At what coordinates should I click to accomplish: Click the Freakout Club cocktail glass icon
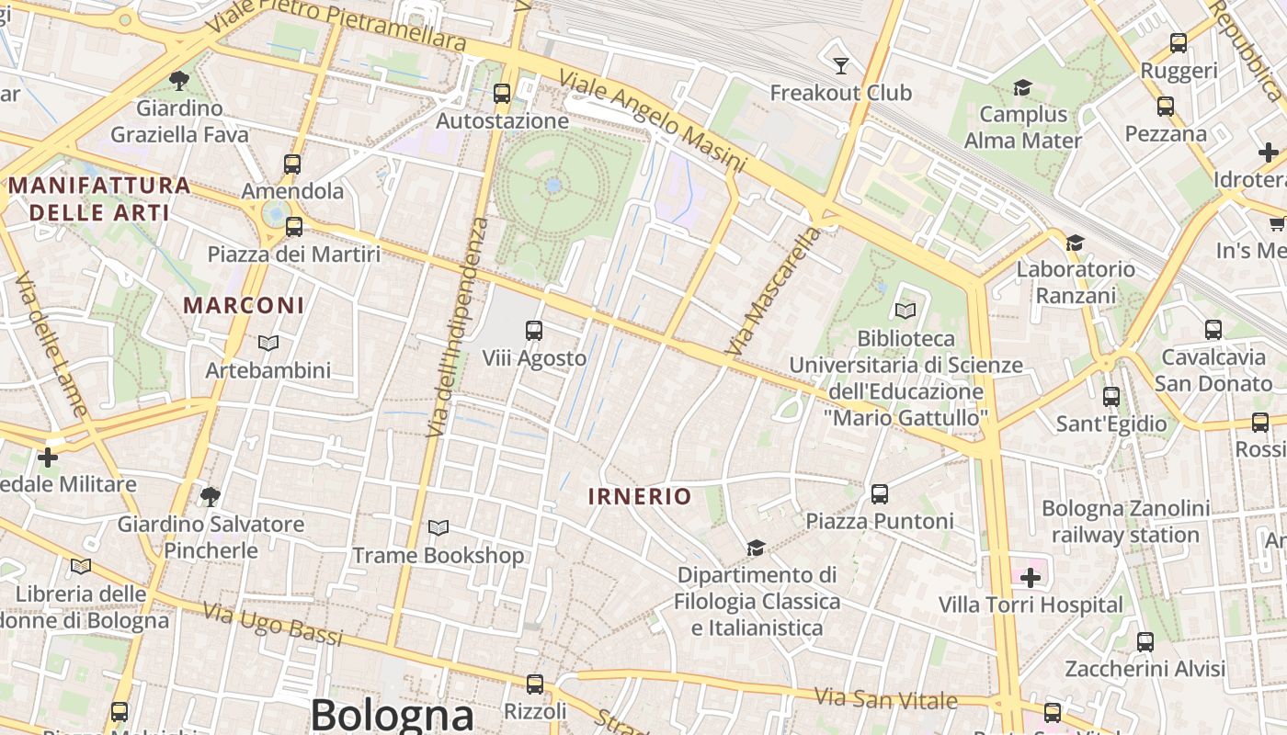(x=840, y=65)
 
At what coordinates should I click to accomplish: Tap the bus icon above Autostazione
(x=501, y=93)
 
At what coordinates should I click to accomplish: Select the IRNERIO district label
(x=640, y=497)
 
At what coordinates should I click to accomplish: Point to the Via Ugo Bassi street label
(x=272, y=625)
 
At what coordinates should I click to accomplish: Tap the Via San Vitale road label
(x=887, y=699)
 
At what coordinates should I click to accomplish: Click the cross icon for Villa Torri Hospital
(x=1031, y=578)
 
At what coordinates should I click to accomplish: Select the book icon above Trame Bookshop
(x=438, y=528)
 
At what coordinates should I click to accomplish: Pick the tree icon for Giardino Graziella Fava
(x=179, y=80)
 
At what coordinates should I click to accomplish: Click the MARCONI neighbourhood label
(x=244, y=305)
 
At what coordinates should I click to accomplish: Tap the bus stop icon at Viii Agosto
(x=534, y=330)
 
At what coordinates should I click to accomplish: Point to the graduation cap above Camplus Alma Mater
(x=1022, y=87)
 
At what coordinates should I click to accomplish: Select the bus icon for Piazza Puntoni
(x=880, y=494)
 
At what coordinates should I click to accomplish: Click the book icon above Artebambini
(x=268, y=343)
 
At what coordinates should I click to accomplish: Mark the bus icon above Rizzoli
(x=535, y=684)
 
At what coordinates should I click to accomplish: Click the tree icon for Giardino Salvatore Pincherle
(x=211, y=497)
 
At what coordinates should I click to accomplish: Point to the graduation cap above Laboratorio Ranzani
(x=1075, y=243)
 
